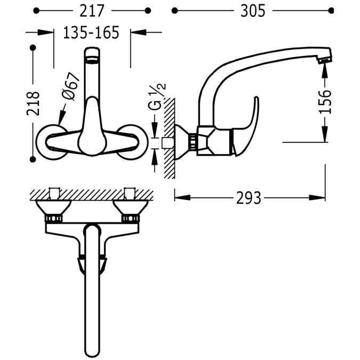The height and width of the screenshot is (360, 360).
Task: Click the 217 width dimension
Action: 91,10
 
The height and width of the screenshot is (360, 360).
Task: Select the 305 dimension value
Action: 251,10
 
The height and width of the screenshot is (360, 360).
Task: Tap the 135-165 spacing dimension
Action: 91,33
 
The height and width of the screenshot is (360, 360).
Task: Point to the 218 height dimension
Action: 33,102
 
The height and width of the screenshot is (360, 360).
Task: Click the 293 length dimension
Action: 249,198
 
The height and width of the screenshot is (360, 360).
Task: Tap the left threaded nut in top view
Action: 54,218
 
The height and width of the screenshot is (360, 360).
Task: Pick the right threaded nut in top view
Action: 130,218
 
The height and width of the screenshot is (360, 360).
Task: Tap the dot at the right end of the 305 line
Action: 330,10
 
